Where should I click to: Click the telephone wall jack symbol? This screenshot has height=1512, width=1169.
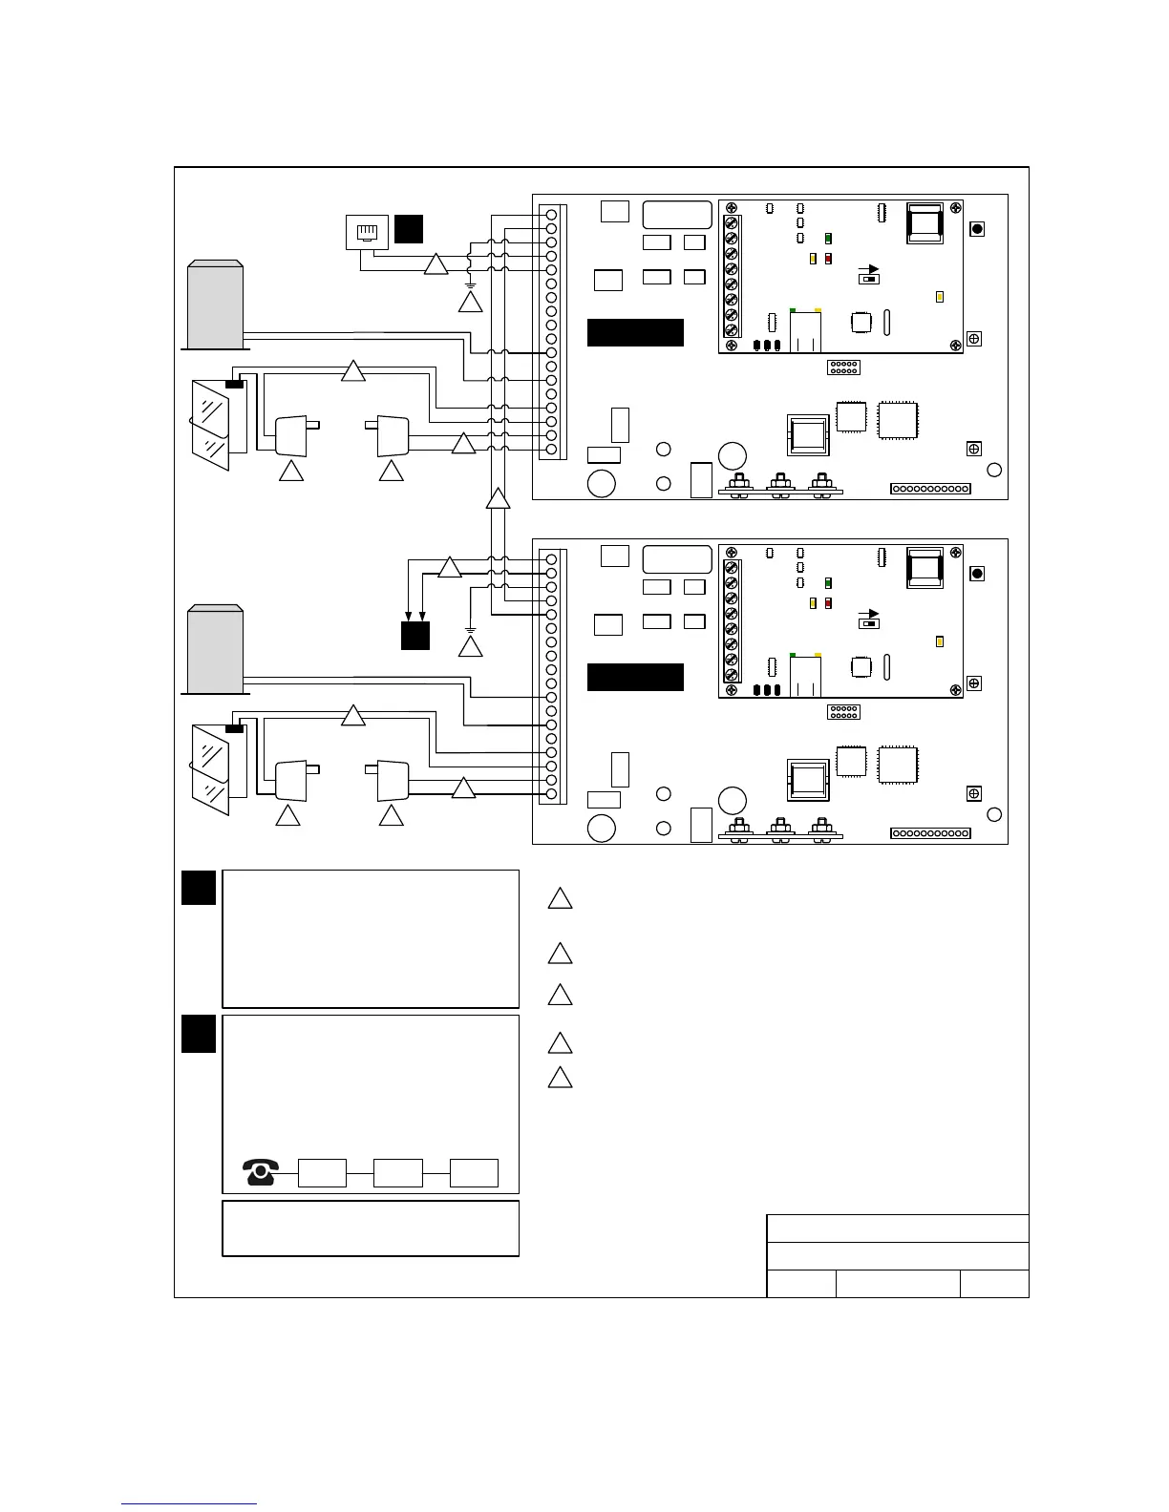click(x=367, y=232)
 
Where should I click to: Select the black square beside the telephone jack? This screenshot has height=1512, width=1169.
click(x=409, y=229)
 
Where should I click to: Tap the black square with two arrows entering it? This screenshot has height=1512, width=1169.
click(x=414, y=636)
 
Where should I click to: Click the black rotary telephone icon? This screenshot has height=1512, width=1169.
click(x=261, y=1171)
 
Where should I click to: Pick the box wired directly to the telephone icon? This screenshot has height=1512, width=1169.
click(x=322, y=1172)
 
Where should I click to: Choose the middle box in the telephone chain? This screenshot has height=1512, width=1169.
click(x=397, y=1172)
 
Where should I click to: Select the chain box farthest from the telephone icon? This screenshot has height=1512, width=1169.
click(x=474, y=1172)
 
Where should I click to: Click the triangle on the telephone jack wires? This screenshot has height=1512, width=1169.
click(x=436, y=264)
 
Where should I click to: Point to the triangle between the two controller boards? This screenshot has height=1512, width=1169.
click(x=498, y=499)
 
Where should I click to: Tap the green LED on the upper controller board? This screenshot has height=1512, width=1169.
click(x=828, y=239)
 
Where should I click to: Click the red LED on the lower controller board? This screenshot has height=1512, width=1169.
click(x=828, y=603)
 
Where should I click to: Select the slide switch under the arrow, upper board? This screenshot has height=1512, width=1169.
click(x=869, y=278)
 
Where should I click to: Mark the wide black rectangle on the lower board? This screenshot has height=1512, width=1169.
click(x=635, y=677)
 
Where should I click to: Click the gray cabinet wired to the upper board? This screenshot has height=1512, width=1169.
click(x=215, y=305)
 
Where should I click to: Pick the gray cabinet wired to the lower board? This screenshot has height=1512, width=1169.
click(x=215, y=650)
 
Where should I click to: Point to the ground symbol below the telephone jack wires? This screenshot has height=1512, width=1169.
click(x=469, y=284)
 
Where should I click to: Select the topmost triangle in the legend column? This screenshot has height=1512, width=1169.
click(x=560, y=899)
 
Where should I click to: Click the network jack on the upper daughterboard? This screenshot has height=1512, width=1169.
click(x=805, y=330)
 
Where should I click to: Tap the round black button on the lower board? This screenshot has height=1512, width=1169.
click(x=977, y=574)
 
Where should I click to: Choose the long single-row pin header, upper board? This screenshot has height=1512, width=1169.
click(x=930, y=489)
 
